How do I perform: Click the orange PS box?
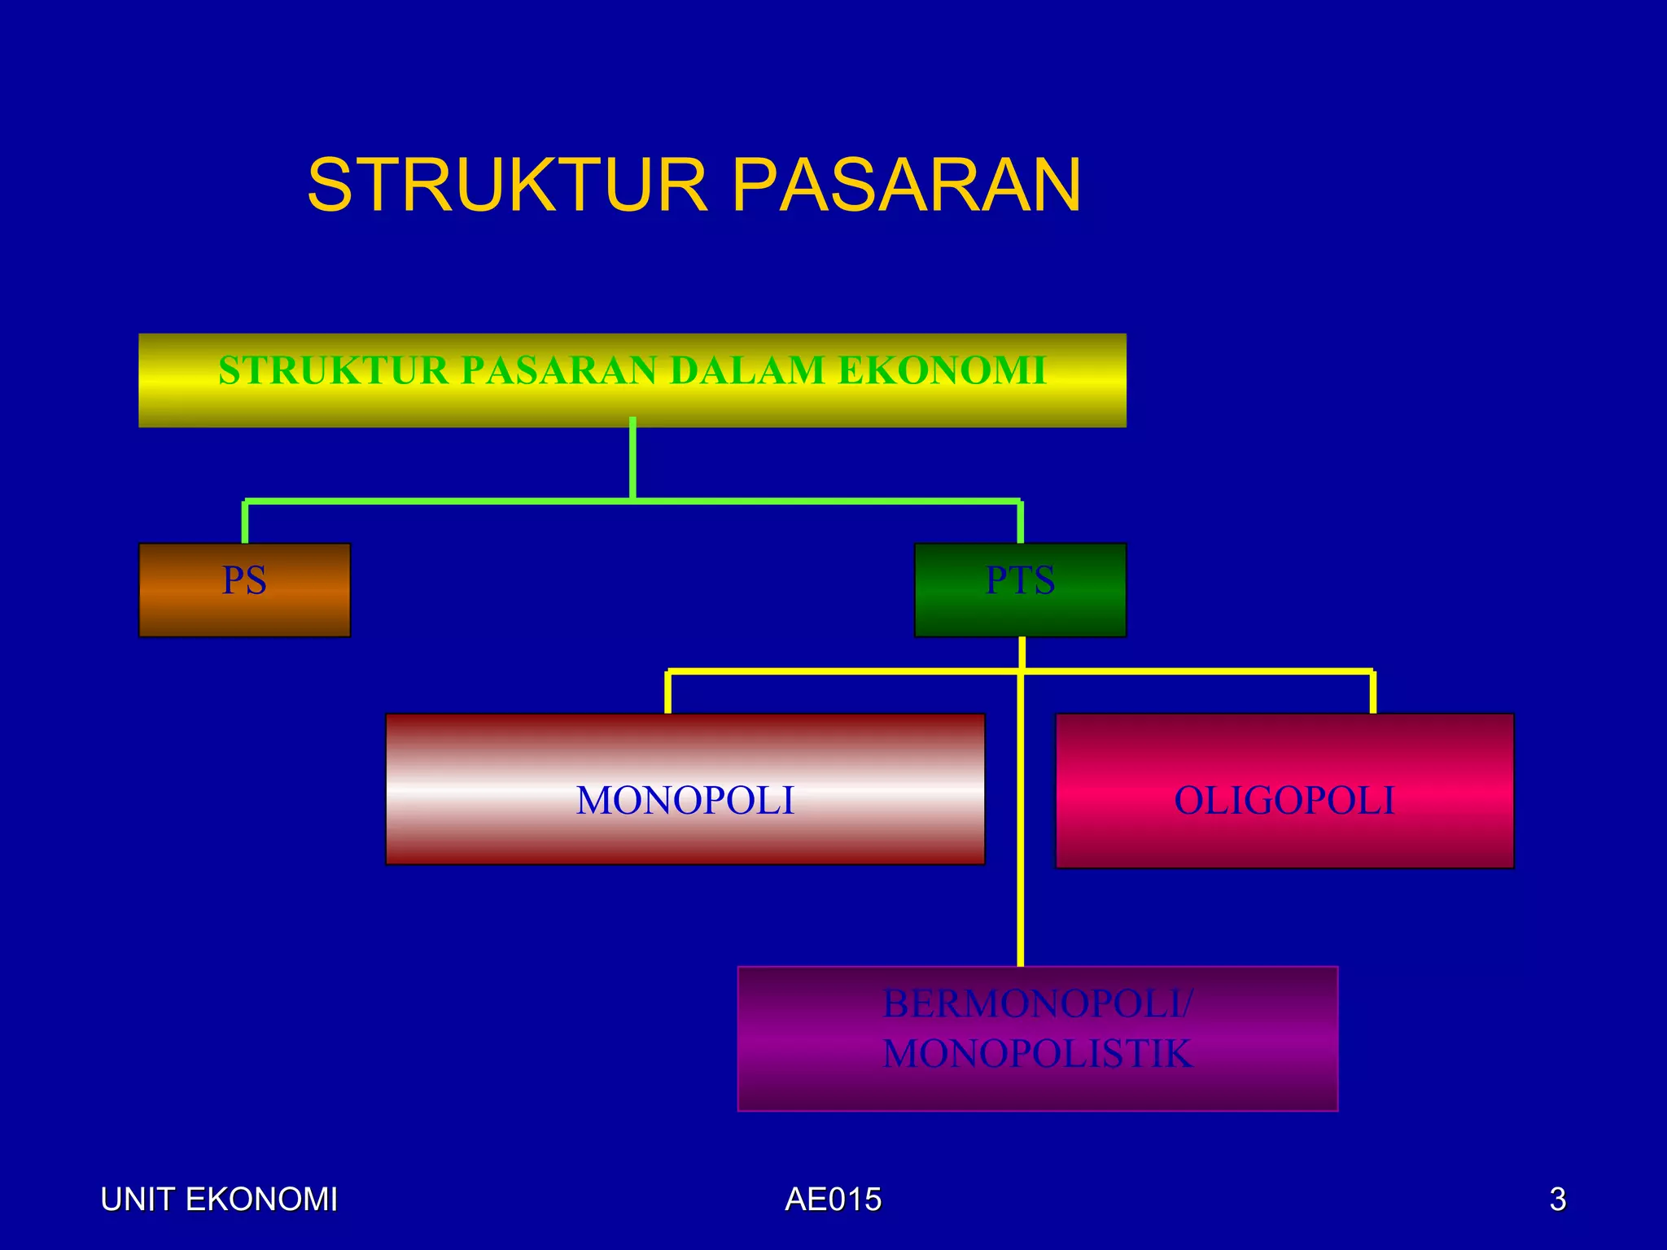(244, 590)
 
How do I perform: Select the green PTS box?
(1020, 590)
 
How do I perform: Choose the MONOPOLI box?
(685, 789)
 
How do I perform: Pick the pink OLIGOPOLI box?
(1284, 791)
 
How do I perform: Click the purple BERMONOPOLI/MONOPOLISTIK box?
(1037, 1038)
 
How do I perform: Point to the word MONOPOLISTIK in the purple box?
(1037, 1055)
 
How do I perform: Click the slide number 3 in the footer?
(1557, 1200)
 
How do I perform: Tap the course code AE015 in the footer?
(833, 1200)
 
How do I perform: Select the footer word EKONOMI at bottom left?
(260, 1200)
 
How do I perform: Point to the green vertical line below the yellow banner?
(632, 460)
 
